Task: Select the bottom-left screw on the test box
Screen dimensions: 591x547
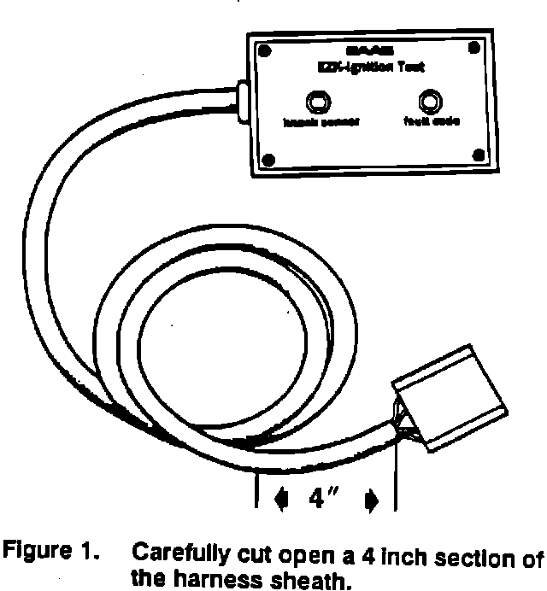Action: point(268,159)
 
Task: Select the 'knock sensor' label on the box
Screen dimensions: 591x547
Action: point(322,123)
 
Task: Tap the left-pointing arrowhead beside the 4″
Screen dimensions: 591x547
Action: point(282,499)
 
